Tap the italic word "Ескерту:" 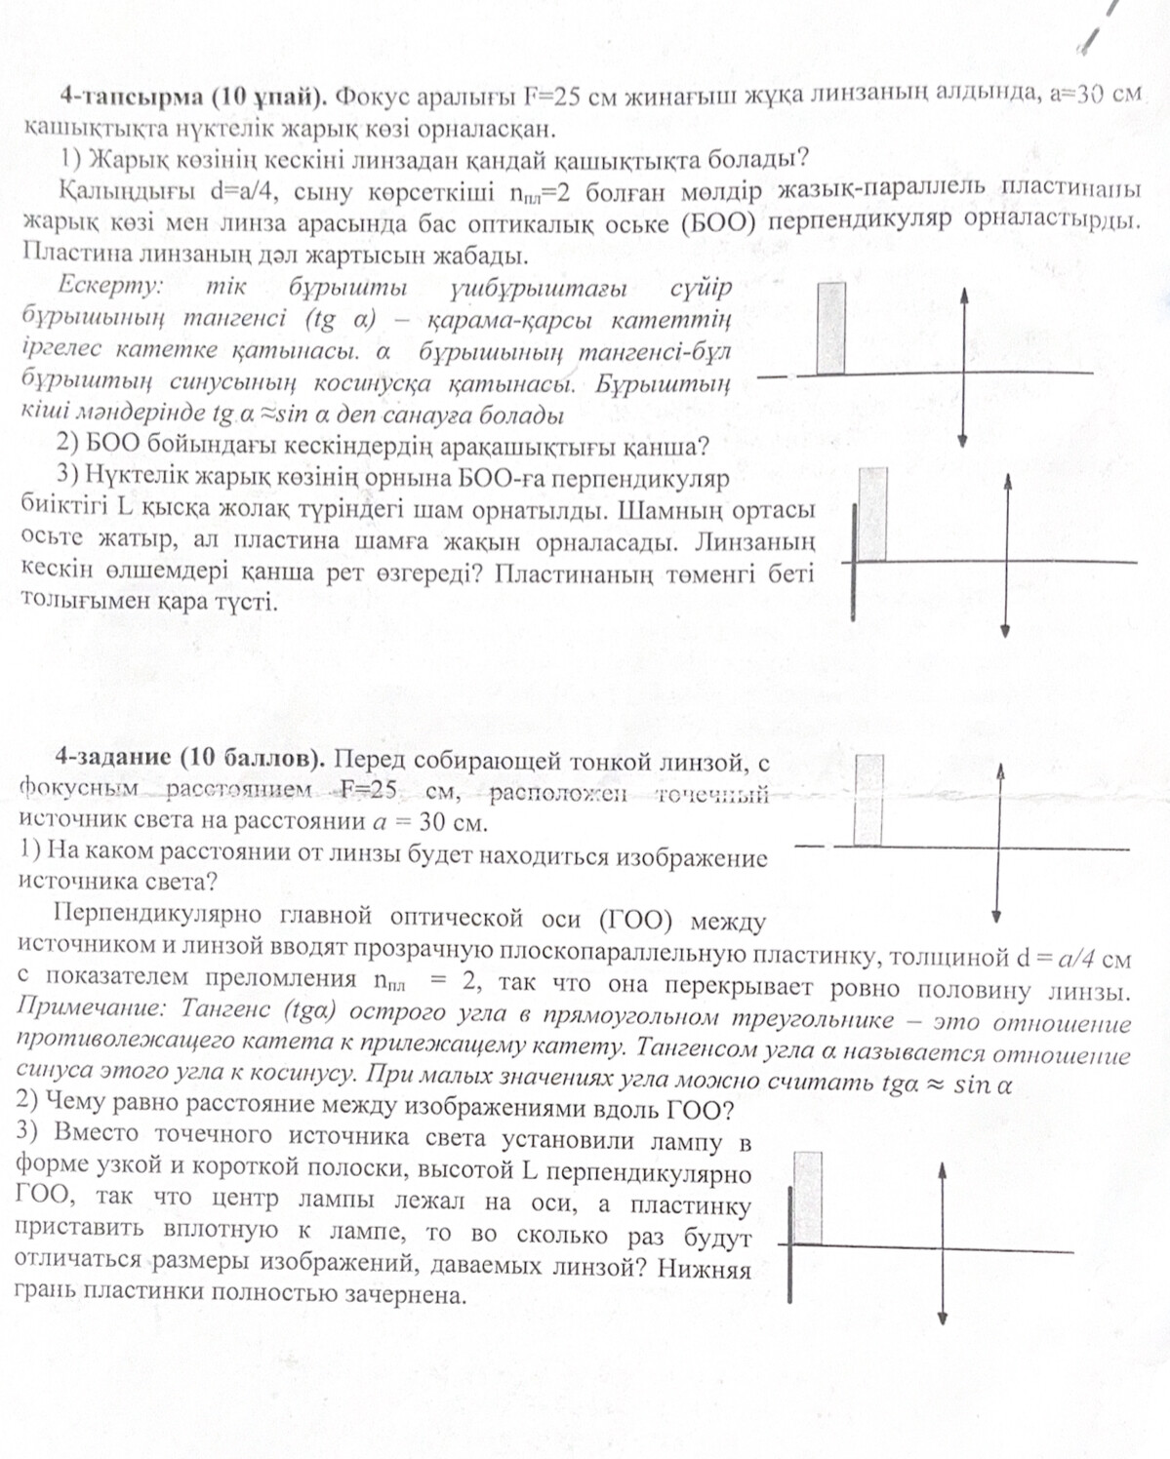(110, 287)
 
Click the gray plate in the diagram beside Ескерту (831, 328)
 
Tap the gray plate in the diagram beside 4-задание (868, 800)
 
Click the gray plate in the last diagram (808, 1198)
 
